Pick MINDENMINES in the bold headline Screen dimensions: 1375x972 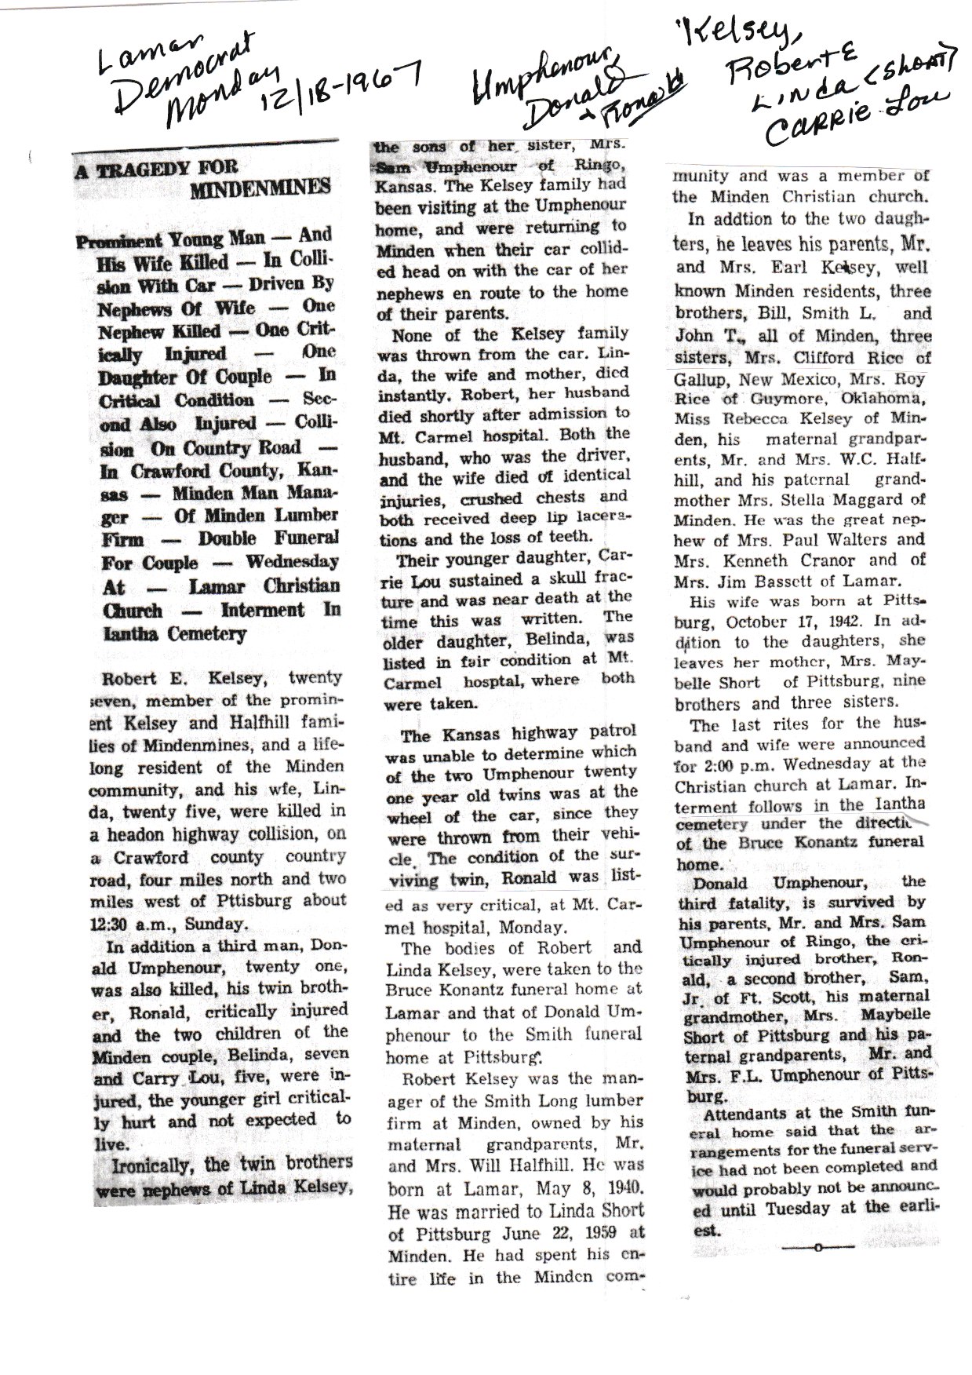click(261, 188)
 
